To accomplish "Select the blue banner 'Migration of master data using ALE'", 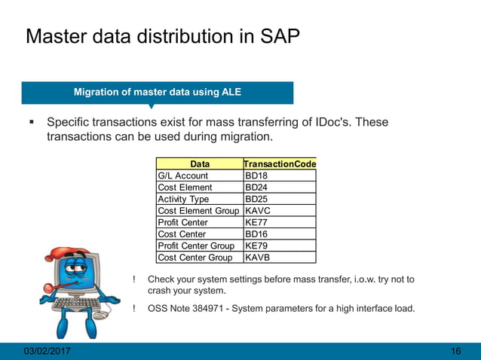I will pyautogui.click(x=157, y=93).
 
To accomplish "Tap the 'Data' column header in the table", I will pyautogui.click(x=200, y=163).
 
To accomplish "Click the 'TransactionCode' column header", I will pyautogui.click(x=280, y=163).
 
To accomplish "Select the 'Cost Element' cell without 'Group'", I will pyautogui.click(x=185, y=188).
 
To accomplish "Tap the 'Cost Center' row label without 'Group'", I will pyautogui.click(x=182, y=234).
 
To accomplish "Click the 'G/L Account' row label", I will pyautogui.click(x=182, y=175).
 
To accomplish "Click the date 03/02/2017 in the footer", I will pyautogui.click(x=44, y=352).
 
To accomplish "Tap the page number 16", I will pyautogui.click(x=455, y=352).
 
